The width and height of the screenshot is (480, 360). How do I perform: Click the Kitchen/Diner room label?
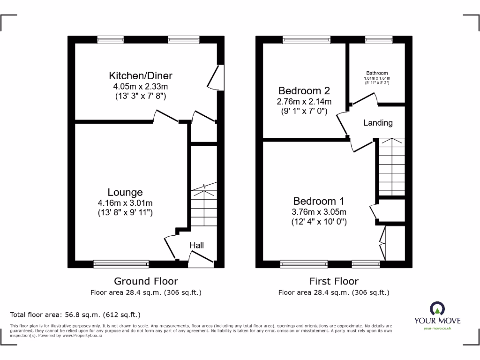(x=141, y=75)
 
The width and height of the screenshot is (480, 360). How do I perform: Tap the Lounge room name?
(x=125, y=192)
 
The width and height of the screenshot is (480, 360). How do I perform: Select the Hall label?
(x=197, y=245)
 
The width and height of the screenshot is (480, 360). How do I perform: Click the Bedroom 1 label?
(x=319, y=201)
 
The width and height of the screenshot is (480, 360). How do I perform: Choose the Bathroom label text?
(x=377, y=73)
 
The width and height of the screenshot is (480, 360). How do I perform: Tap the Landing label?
(x=378, y=123)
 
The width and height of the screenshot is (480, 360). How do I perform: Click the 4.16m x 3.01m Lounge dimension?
(x=125, y=202)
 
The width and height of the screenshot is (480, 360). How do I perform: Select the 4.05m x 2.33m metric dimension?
(x=141, y=86)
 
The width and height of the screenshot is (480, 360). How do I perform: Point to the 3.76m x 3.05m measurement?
(x=319, y=212)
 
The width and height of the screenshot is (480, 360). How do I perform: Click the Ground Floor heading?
(x=146, y=281)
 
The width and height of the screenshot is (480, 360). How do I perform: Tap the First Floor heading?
(x=334, y=281)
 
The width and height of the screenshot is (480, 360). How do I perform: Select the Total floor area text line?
(x=75, y=315)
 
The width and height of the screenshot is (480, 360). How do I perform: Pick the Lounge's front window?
(x=121, y=264)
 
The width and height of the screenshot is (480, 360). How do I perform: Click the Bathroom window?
(x=379, y=40)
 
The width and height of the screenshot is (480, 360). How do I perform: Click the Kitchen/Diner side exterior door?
(x=216, y=77)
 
